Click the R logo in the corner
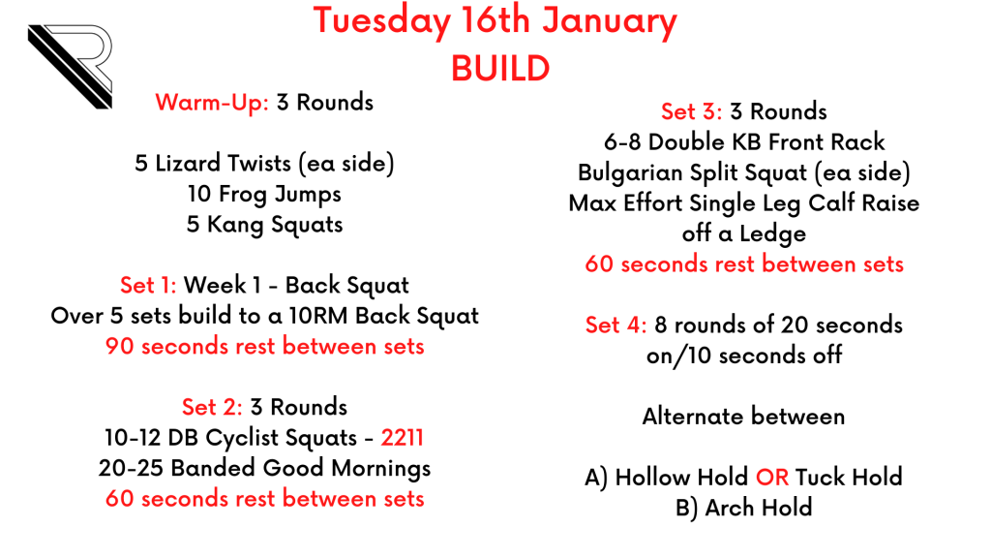click(71, 67)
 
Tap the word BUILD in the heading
click(500, 69)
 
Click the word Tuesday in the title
click(381, 21)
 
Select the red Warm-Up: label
click(212, 103)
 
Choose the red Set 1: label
click(148, 286)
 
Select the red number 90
click(119, 347)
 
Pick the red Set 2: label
click(212, 407)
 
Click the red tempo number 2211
click(402, 438)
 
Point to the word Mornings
click(381, 469)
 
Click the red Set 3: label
click(691, 112)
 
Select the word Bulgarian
click(630, 173)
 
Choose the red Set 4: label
click(616, 325)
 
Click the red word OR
click(771, 478)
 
